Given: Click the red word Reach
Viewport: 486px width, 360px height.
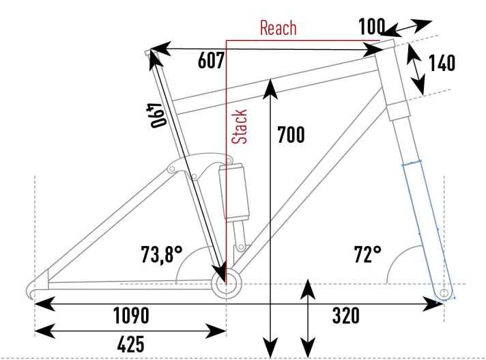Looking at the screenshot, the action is pyautogui.click(x=278, y=27).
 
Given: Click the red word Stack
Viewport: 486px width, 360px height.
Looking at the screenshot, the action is pyautogui.click(x=240, y=126).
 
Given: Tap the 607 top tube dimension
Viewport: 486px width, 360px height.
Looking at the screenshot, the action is pyautogui.click(x=211, y=61).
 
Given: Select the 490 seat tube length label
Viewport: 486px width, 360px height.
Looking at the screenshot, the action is pyautogui.click(x=158, y=115).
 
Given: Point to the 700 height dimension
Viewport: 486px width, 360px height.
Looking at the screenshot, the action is pyautogui.click(x=291, y=135).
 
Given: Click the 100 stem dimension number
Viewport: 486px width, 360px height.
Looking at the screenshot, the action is pyautogui.click(x=371, y=26).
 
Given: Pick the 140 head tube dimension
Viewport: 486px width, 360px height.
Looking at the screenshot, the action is pyautogui.click(x=442, y=63).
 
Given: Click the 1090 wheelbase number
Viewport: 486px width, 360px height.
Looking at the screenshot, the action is pyautogui.click(x=131, y=316).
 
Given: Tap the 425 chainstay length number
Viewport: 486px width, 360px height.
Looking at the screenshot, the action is pyautogui.click(x=131, y=344).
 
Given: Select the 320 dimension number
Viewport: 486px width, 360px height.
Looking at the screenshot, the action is pyautogui.click(x=346, y=316).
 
